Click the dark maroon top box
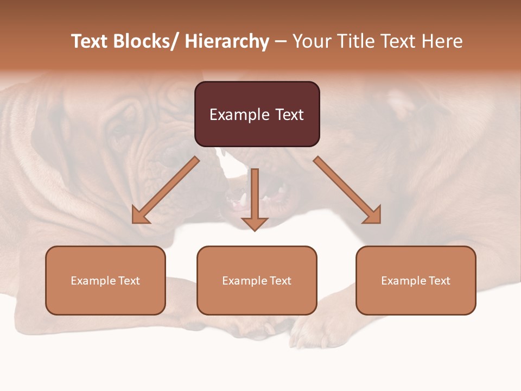(x=257, y=114)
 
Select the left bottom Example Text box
(x=105, y=280)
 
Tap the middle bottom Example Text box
(x=257, y=280)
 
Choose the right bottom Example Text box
(x=416, y=280)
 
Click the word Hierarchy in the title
(x=227, y=42)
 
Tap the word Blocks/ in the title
(x=147, y=42)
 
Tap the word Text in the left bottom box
(x=129, y=281)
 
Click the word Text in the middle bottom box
(x=281, y=281)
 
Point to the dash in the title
(x=281, y=42)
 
